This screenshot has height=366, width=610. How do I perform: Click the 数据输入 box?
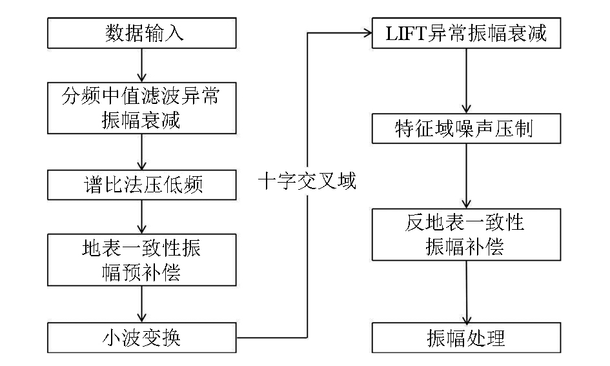click(141, 33)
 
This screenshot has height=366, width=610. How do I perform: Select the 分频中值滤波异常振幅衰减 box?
click(141, 108)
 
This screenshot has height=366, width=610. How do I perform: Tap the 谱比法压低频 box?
click(141, 185)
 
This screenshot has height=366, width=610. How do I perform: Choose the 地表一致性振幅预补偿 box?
click(141, 260)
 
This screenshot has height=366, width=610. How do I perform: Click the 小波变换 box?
click(141, 338)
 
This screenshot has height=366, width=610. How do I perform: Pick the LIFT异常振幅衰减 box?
click(466, 33)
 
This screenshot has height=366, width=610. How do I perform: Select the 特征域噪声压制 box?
click(466, 128)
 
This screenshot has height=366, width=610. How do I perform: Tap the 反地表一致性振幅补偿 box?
click(466, 234)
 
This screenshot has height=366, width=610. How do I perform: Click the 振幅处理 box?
click(466, 338)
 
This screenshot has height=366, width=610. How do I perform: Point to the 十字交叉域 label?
click(307, 181)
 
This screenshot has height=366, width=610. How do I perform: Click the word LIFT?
click(406, 34)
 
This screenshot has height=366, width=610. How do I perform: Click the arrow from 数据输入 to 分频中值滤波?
click(141, 65)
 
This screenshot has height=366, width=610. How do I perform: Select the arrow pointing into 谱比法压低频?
click(141, 152)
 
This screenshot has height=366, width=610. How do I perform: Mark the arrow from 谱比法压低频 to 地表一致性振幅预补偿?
click(141, 217)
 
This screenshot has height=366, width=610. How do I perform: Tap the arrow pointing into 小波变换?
click(141, 304)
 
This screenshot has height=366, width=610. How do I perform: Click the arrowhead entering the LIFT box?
click(368, 33)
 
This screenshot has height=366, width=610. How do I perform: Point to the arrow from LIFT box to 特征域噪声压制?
click(466, 81)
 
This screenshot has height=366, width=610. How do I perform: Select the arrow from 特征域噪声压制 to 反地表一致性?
click(466, 176)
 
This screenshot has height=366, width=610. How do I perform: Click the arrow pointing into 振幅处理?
click(466, 292)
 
